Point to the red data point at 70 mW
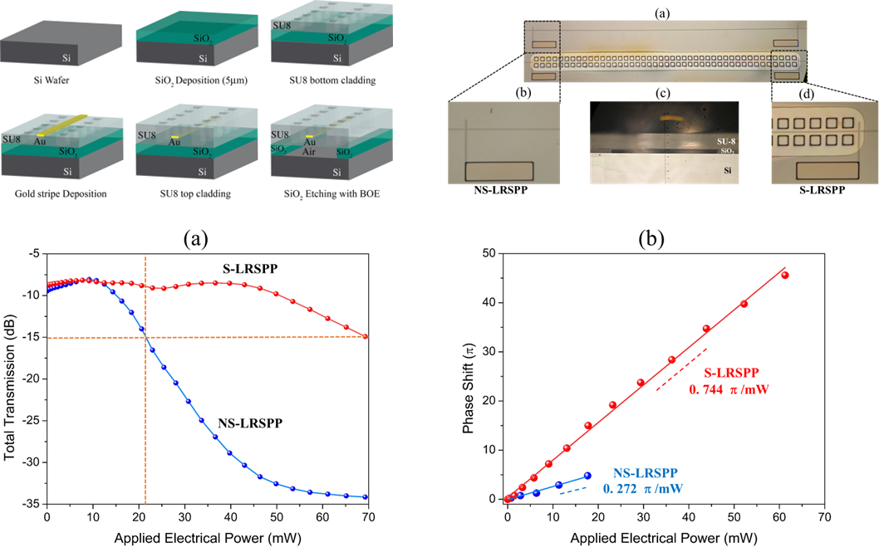coord(366,336)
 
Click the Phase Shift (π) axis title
coord(469,376)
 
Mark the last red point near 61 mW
coord(785,275)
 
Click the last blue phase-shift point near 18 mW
coord(587,476)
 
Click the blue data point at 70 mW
coord(366,497)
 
